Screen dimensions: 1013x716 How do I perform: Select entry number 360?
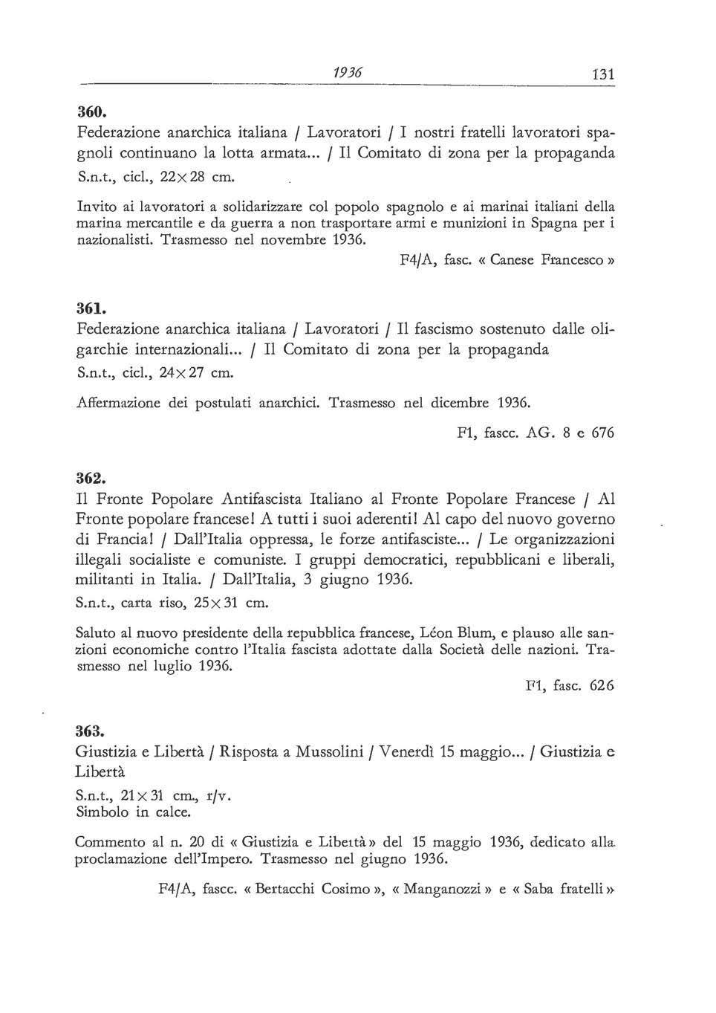point(93,113)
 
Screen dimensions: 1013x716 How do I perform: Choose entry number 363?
point(93,731)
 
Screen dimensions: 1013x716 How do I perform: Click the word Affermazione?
point(123,404)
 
